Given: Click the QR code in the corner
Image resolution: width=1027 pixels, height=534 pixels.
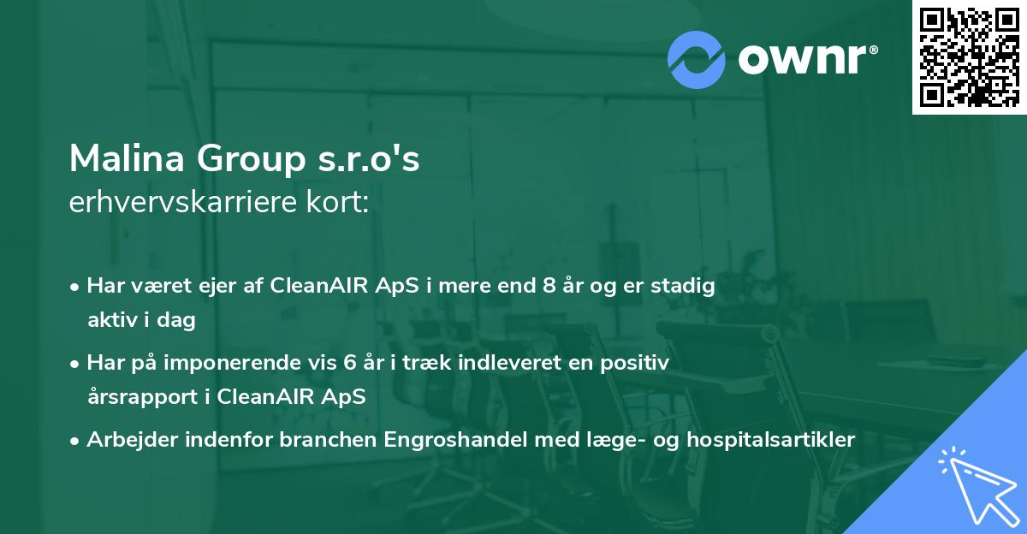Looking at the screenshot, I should coord(969,57).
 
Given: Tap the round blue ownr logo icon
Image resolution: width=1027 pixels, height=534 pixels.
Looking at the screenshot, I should coord(696,60).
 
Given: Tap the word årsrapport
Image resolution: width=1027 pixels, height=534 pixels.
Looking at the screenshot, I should coord(135,397).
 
